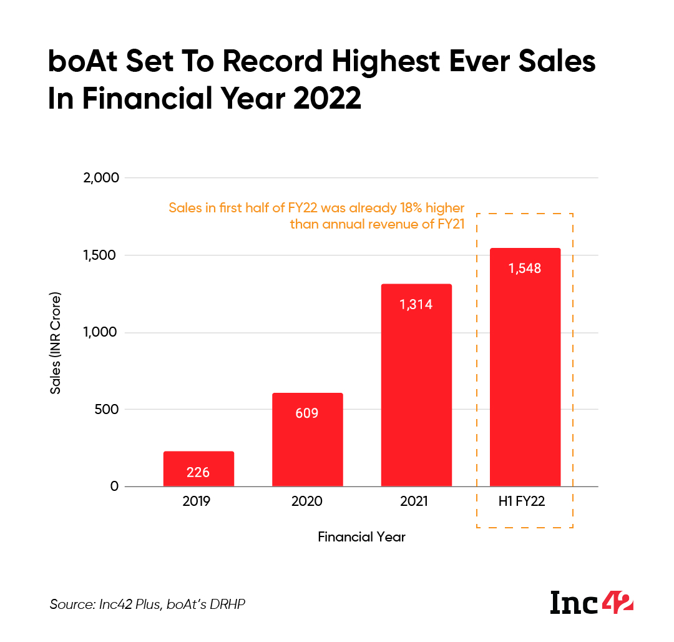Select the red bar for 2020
(307, 440)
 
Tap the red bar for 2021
(416, 385)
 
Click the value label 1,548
(525, 269)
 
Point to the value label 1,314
(416, 305)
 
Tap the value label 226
(198, 472)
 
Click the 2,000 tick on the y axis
(100, 178)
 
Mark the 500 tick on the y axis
(107, 410)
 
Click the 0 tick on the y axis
(114, 486)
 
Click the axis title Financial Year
(361, 536)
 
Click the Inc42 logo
(592, 603)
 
